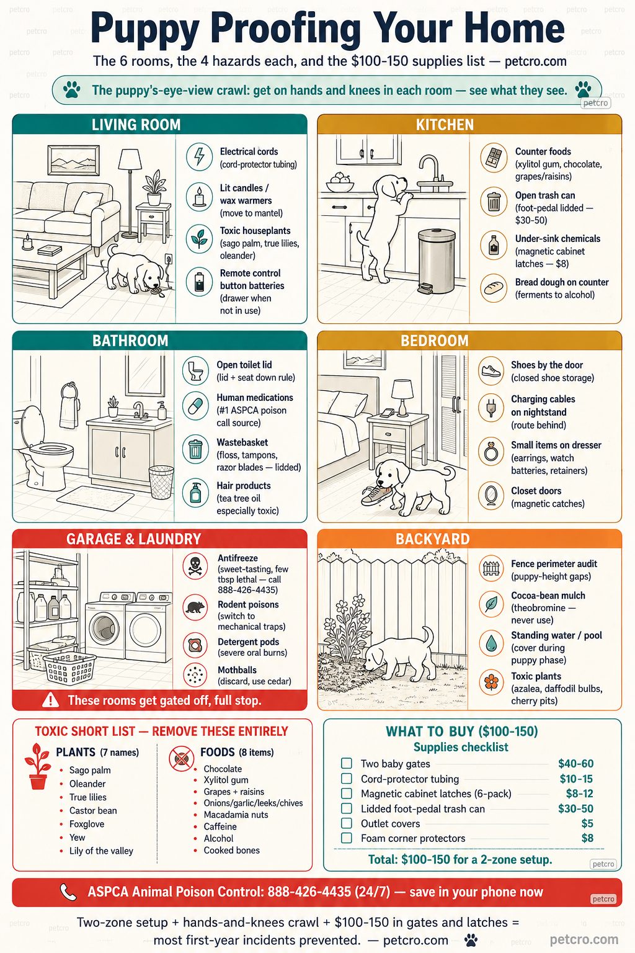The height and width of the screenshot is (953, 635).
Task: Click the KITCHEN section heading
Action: coord(445,125)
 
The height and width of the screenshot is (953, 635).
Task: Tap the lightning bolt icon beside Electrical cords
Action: coord(199,156)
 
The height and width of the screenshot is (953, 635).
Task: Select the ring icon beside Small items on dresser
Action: coord(491,452)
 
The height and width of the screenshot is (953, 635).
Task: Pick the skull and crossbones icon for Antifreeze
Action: coord(195,566)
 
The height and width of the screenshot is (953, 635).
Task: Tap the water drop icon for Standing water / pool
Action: coord(491,643)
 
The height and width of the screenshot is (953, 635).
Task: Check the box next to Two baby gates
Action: coord(347,763)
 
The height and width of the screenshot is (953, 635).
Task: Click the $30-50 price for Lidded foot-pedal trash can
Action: coord(575,808)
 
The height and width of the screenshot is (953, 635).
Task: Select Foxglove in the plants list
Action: coord(87,824)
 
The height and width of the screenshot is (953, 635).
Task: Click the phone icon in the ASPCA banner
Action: coord(68,892)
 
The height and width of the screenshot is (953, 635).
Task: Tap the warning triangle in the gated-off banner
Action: coord(51,700)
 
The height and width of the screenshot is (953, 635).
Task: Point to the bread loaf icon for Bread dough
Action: coord(494,288)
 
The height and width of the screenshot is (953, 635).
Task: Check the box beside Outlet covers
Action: coord(347,823)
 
